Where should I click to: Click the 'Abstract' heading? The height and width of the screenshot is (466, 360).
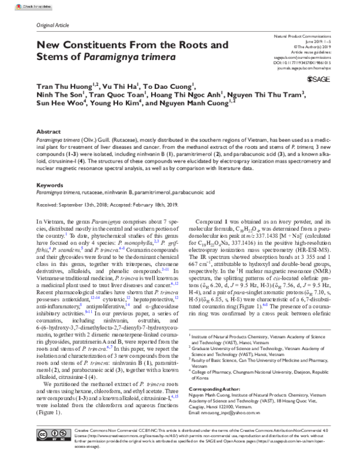click(49, 130)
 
